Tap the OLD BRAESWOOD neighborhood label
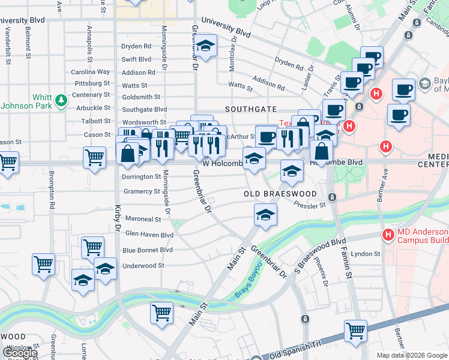[x=280, y=194]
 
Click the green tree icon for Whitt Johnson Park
[x=61, y=101]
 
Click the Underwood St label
[x=143, y=266]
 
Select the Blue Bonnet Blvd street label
[x=147, y=250]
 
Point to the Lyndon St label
[x=366, y=254]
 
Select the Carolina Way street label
[x=91, y=72]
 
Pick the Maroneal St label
[x=143, y=220]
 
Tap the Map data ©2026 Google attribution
[x=412, y=355]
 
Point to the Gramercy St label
[x=141, y=192]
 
